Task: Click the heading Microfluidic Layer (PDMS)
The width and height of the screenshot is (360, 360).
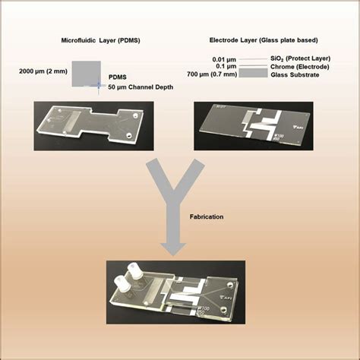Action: pyautogui.click(x=100, y=40)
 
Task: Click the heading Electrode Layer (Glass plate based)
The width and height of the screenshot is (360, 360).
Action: pyautogui.click(x=264, y=40)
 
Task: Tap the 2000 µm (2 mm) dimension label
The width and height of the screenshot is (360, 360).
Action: pyautogui.click(x=43, y=71)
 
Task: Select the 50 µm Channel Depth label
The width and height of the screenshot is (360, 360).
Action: pyautogui.click(x=141, y=87)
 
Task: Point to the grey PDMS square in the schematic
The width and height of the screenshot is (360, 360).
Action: pyautogui.click(x=87, y=74)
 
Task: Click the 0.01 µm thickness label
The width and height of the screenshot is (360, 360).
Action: pyautogui.click(x=224, y=60)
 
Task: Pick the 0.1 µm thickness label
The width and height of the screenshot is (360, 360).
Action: pyautogui.click(x=226, y=66)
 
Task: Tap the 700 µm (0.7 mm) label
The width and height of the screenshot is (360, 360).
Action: pyautogui.click(x=212, y=74)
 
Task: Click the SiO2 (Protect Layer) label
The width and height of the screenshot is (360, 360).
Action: pyautogui.click(x=301, y=58)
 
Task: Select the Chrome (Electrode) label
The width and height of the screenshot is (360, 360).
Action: pyautogui.click(x=300, y=67)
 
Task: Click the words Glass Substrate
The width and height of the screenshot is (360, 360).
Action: pyautogui.click(x=295, y=74)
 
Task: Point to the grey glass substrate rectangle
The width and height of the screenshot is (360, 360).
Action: pyautogui.click(x=253, y=73)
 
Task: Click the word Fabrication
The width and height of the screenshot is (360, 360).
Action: pyautogui.click(x=207, y=216)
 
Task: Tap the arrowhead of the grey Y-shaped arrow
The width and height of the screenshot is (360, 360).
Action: pyautogui.click(x=173, y=249)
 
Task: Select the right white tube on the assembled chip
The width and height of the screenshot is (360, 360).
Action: pyautogui.click(x=137, y=271)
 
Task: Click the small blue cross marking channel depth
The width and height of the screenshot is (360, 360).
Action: pyautogui.click(x=99, y=85)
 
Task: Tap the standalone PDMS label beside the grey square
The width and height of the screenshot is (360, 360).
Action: pyautogui.click(x=118, y=77)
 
